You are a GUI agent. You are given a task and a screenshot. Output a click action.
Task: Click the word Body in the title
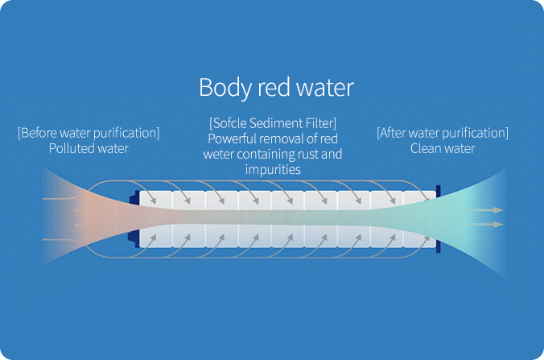coord(225,88)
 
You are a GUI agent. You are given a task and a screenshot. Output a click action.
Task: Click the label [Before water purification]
coord(89,133)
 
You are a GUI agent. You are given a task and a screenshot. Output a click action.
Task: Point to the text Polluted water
coord(89,148)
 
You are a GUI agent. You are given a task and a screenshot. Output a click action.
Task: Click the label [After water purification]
coord(443,133)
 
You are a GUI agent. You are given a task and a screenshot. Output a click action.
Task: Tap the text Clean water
coord(443,148)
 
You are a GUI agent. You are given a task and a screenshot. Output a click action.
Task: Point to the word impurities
coord(273,170)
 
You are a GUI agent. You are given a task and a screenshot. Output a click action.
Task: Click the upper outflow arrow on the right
coord(483,210)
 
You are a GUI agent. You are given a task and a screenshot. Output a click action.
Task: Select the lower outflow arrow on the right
coord(483,225)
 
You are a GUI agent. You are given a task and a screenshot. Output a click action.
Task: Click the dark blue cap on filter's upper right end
coord(439,192)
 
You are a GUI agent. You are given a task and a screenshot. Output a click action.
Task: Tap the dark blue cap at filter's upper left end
coord(134,198)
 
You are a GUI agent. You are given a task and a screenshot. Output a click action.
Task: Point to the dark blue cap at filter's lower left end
coord(134,239)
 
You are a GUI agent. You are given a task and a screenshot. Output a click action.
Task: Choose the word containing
coord(266,155)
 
